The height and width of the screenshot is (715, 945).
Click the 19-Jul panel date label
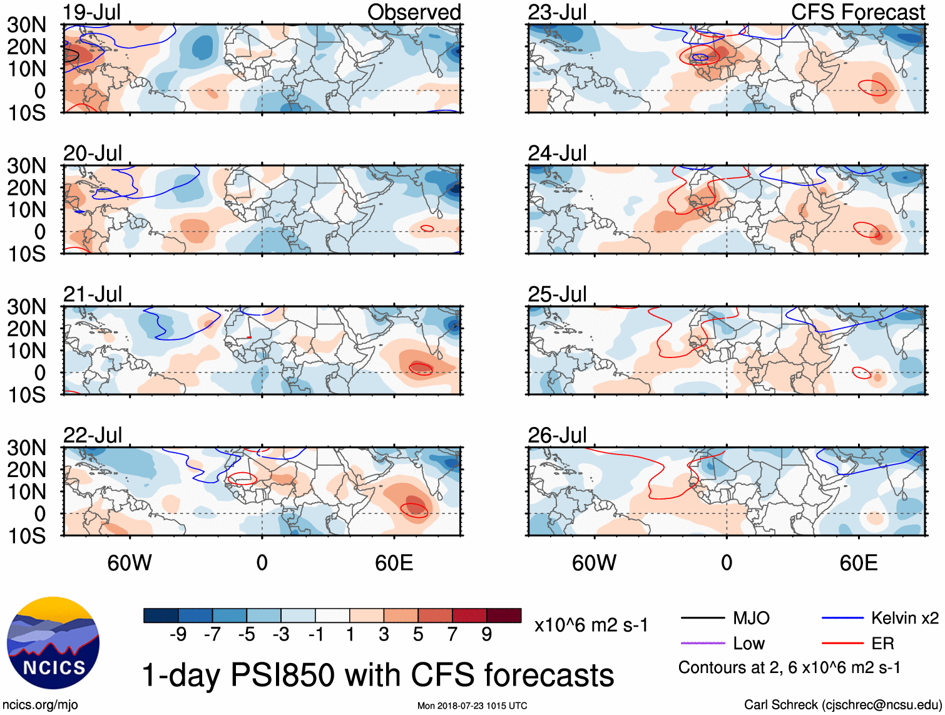[92, 12]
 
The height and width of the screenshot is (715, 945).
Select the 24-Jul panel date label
[557, 153]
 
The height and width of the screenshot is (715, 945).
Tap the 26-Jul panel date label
[557, 435]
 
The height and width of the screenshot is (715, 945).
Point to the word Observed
[414, 12]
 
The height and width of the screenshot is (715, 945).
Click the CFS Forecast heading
[857, 12]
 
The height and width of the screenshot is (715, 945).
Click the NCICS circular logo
[53, 643]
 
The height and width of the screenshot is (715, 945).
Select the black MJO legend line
[702, 619]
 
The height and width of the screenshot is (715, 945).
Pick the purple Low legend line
[702, 643]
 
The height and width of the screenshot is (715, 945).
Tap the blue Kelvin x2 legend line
[842, 619]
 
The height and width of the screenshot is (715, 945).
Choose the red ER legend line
[842, 643]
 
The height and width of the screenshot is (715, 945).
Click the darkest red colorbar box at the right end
[504, 615]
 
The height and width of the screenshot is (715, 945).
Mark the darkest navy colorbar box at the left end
[161, 615]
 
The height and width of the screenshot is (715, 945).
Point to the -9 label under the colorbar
[178, 634]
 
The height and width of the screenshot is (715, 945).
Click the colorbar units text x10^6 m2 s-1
[591, 625]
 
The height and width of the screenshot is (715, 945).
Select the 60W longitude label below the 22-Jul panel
[130, 563]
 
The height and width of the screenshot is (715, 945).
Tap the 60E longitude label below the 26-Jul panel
[858, 563]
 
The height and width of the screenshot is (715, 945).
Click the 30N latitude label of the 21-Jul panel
[26, 307]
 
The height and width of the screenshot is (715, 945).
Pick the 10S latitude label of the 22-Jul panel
[26, 536]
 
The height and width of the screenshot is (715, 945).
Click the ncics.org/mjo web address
[40, 705]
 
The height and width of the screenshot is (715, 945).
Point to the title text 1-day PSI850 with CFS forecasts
[378, 675]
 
